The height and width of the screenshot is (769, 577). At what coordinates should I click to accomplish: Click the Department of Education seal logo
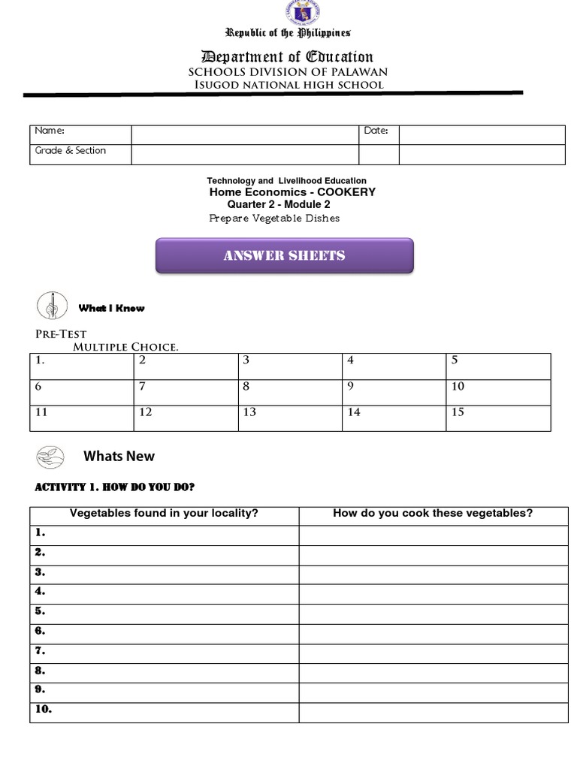(x=303, y=13)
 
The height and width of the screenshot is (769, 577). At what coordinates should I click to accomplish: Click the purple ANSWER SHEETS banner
(x=285, y=255)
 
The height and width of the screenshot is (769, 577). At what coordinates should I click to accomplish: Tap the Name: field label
(x=44, y=131)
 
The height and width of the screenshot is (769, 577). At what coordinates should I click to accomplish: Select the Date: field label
(x=376, y=131)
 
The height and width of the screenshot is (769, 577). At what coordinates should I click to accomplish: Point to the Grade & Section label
(x=71, y=150)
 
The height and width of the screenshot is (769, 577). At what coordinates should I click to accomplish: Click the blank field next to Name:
(x=245, y=134)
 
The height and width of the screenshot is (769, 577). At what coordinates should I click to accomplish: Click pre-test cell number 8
(x=290, y=392)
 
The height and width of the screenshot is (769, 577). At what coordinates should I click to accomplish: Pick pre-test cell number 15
(x=498, y=418)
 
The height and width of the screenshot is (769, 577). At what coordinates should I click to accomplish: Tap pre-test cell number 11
(x=82, y=418)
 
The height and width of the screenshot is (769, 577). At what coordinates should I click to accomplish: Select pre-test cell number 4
(x=394, y=366)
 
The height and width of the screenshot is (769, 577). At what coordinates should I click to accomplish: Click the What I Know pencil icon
(x=52, y=306)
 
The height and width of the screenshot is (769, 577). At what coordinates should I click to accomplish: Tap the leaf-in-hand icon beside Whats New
(x=51, y=455)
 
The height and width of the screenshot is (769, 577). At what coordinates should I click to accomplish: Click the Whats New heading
(x=119, y=456)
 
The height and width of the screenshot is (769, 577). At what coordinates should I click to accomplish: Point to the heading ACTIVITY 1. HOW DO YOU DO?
(x=115, y=487)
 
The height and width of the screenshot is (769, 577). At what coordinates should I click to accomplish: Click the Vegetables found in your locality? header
(x=164, y=514)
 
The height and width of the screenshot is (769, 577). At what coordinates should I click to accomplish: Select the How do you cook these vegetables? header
(x=433, y=514)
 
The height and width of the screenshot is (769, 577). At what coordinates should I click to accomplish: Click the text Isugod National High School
(x=288, y=85)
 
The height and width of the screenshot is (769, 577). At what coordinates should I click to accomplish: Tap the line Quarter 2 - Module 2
(x=279, y=204)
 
